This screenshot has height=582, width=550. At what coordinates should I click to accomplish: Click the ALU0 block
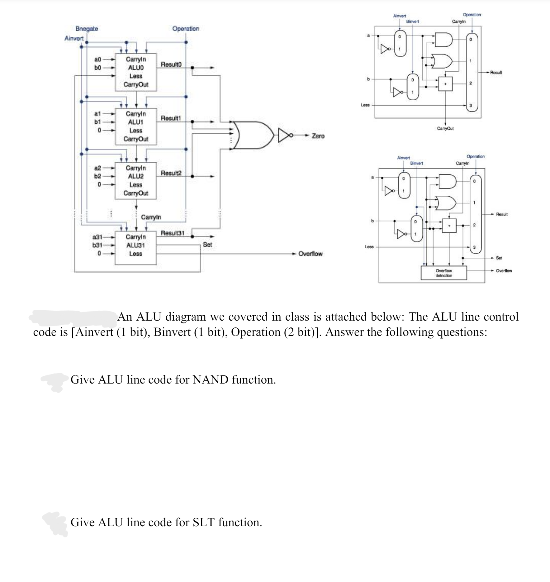pyautogui.click(x=136, y=72)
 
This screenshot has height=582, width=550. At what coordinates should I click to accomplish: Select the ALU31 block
pyautogui.click(x=135, y=248)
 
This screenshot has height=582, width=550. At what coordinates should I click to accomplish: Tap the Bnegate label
pyautogui.click(x=87, y=29)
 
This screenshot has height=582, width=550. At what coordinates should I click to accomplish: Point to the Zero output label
pyautogui.click(x=318, y=136)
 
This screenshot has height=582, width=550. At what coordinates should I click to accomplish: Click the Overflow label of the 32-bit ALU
pyautogui.click(x=310, y=254)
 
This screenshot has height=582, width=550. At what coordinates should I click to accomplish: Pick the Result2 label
pyautogui.click(x=171, y=173)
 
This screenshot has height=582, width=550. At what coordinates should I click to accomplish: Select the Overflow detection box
pyautogui.click(x=444, y=273)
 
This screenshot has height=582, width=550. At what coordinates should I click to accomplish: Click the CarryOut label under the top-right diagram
pyautogui.click(x=445, y=128)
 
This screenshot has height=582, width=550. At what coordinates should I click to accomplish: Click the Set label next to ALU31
pyautogui.click(x=207, y=245)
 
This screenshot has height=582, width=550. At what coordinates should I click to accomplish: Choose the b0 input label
pyautogui.click(x=98, y=67)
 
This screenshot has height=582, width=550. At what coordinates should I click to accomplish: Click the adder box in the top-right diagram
pyautogui.click(x=445, y=84)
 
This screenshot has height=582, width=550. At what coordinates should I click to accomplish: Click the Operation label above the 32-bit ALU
pyautogui.click(x=186, y=29)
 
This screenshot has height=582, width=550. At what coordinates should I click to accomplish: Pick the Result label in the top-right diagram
pyautogui.click(x=496, y=73)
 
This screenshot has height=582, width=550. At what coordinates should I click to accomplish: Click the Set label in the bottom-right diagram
pyautogui.click(x=499, y=258)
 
